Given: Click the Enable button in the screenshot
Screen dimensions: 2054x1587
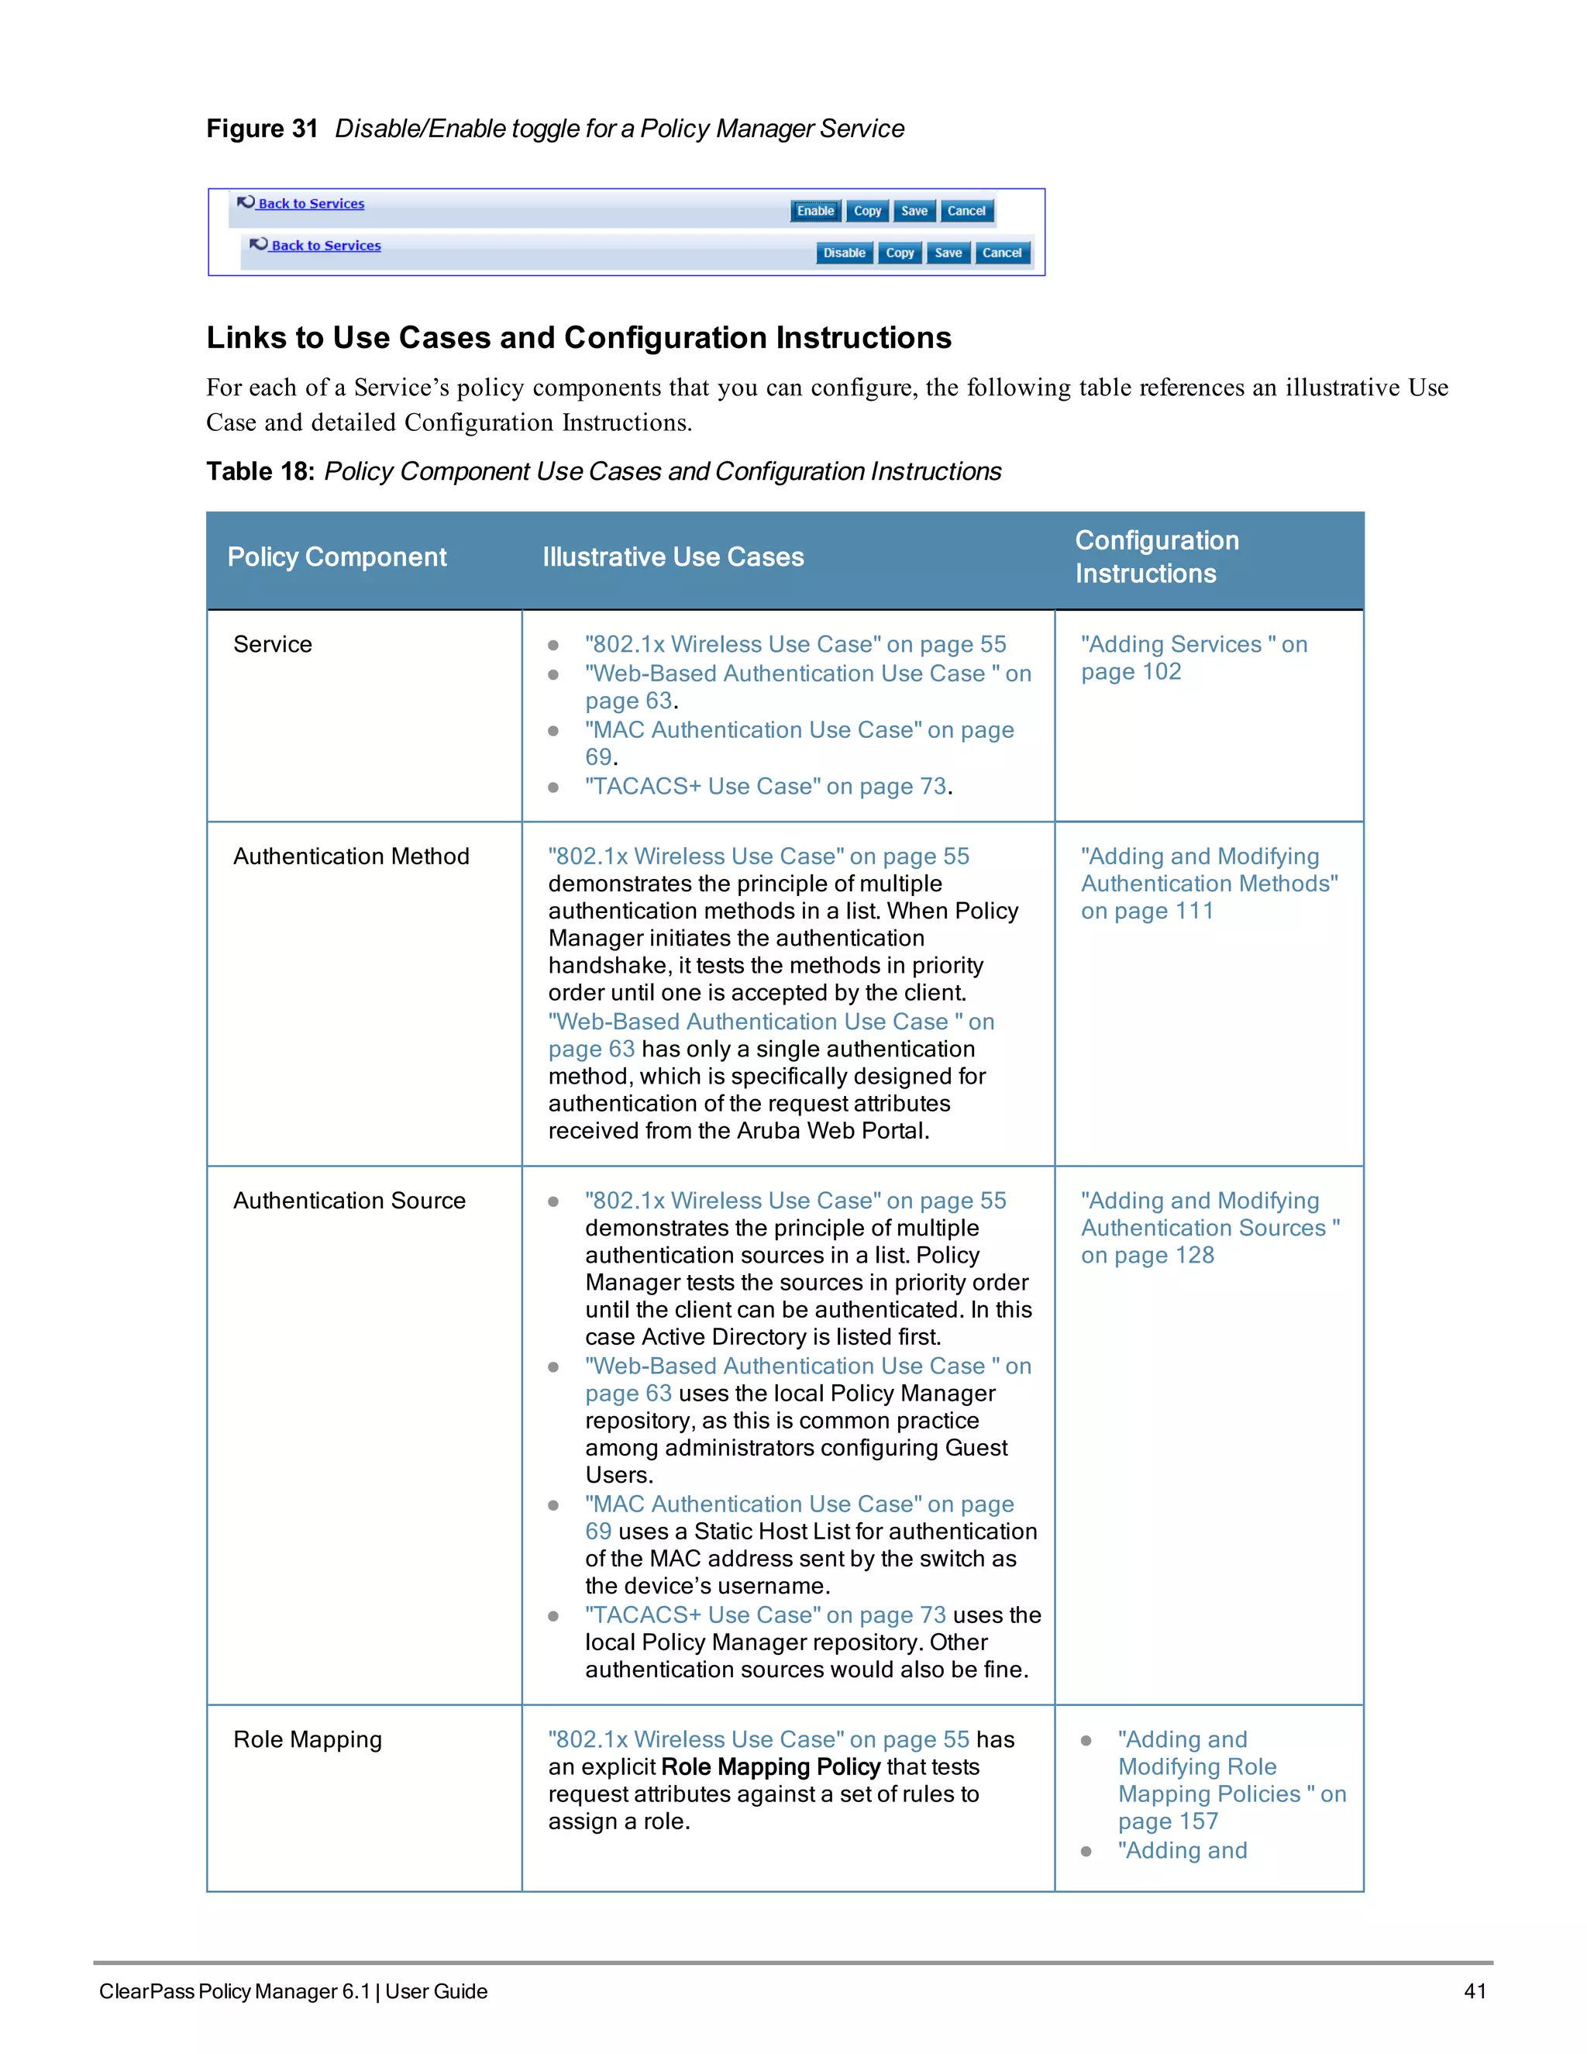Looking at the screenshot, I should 814,211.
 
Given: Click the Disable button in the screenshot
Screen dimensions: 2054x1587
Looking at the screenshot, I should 843,253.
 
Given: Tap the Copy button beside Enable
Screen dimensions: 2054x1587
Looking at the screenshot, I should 867,211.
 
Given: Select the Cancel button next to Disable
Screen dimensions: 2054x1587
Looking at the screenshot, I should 1001,253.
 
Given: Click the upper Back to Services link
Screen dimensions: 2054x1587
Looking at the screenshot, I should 310,204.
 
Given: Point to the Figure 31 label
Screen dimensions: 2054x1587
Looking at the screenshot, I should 263,129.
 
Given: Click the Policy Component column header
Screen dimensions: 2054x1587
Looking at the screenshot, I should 336,558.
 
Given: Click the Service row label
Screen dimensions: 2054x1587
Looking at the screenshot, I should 273,645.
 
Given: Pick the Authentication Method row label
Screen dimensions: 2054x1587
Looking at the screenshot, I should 351,856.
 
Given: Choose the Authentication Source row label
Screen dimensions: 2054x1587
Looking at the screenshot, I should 349,1201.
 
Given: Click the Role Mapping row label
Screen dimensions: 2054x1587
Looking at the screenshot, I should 308,1740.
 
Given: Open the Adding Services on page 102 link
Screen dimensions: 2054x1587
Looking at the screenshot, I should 1192,657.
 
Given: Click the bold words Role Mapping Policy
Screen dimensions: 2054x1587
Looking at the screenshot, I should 770,1767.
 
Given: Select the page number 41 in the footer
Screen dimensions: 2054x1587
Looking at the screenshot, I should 1474,1991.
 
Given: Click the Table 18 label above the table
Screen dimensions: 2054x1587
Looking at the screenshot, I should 260,472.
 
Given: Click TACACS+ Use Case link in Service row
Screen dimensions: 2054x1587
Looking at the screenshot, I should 764,787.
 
